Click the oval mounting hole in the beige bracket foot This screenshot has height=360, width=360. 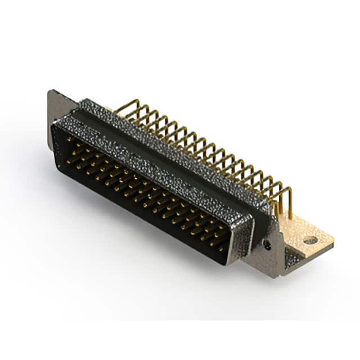coord(310,240)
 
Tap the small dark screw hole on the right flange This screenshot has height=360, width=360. coord(268,246)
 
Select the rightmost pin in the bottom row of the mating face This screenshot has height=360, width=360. coord(220,247)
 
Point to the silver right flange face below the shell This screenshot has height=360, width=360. coord(264,256)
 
